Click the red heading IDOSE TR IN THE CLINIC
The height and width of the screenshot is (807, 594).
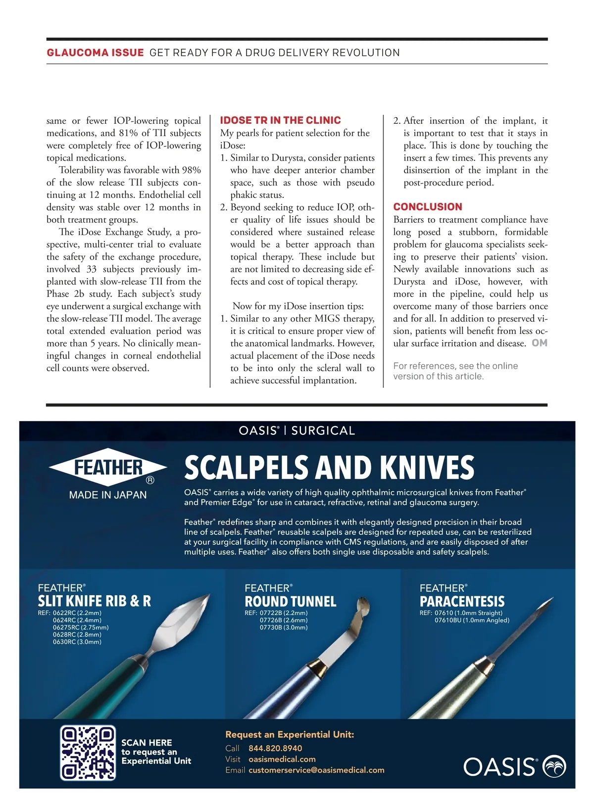point(280,120)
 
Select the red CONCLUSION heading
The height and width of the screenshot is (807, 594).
point(428,207)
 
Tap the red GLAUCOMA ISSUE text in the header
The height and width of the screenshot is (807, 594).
point(95,52)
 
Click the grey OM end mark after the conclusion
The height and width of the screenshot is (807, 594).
point(540,343)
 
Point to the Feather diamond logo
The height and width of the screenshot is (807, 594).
point(108,467)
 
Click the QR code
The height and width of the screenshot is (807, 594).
point(88,753)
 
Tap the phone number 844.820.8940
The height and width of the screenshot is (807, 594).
point(275,748)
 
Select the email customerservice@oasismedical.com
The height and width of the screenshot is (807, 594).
point(316,770)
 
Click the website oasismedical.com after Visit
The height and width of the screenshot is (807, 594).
point(282,759)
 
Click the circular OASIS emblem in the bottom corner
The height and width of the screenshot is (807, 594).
point(555,767)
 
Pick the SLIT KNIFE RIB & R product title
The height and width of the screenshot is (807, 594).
point(95,601)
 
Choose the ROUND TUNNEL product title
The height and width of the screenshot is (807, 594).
point(291,602)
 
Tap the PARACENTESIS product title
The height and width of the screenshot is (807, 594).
point(462,602)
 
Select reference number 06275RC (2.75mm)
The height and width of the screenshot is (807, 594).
point(81,627)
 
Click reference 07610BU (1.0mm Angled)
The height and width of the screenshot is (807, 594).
point(472,620)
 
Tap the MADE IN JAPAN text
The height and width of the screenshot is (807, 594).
point(108,495)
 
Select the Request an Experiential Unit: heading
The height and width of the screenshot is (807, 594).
point(290,735)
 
